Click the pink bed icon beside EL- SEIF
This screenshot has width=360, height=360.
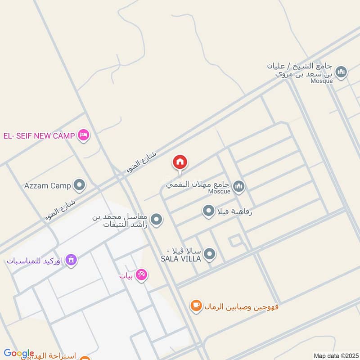click(83, 135)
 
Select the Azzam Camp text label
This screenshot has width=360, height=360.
click(48, 185)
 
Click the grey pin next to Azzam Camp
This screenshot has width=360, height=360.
click(79, 185)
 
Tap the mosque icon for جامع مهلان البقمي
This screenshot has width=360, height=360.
click(239, 185)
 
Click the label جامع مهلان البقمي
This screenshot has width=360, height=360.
click(198, 184)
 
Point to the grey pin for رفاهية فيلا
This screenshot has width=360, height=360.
click(208, 211)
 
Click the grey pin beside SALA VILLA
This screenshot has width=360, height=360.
click(209, 255)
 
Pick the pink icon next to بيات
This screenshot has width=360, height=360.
click(141, 274)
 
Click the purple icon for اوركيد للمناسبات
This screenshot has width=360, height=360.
click(71, 260)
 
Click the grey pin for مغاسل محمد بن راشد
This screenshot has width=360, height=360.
click(156, 220)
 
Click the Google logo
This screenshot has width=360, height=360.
click(18, 353)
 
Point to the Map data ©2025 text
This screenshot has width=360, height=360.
click(335, 355)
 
